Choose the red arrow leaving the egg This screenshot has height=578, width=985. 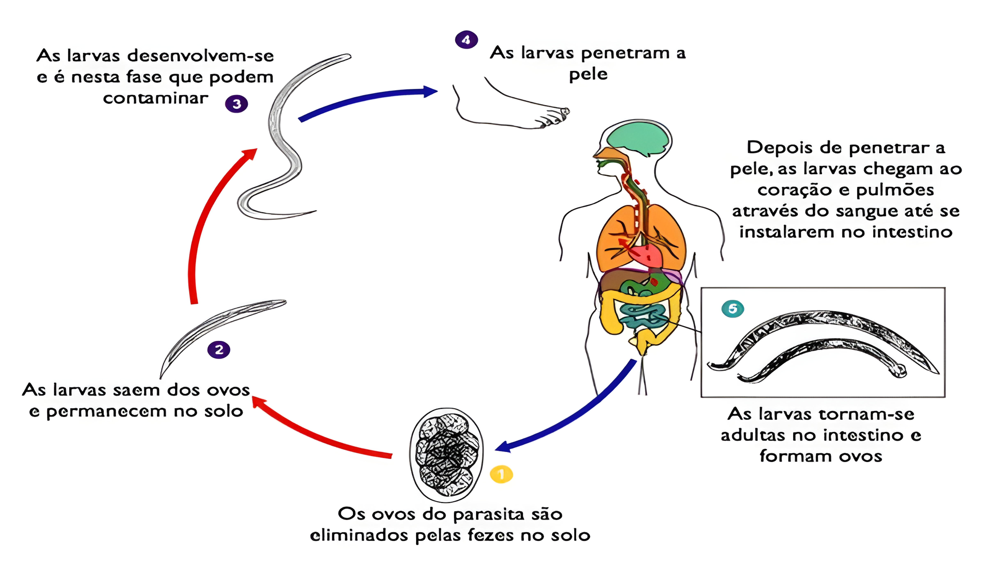coord(321,434)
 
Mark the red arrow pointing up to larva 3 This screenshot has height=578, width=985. coord(207,219)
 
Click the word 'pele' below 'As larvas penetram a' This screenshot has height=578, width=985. coord(588,74)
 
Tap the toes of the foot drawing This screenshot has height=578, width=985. coord(555,117)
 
